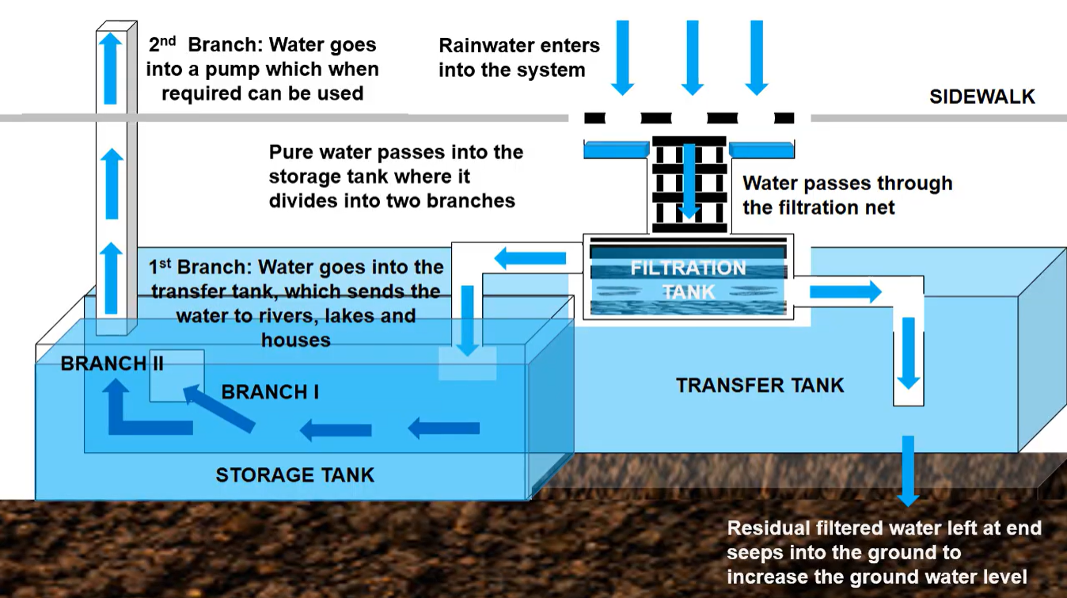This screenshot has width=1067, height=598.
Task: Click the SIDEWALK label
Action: coord(982,97)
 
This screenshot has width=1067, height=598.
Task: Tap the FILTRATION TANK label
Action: coord(688,280)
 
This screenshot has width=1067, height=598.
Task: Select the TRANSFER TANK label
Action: coord(760,386)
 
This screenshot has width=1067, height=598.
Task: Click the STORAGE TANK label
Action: coord(294,475)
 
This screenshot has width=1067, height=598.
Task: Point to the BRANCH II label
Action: coord(112,364)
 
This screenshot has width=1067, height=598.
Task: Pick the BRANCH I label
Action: coord(270,392)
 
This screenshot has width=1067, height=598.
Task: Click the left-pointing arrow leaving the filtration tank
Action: coord(530,257)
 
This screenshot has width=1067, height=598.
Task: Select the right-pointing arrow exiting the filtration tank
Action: coord(845,291)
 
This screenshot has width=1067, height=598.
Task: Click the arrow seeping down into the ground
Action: coord(908,470)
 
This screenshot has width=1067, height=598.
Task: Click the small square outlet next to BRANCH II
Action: coord(177,375)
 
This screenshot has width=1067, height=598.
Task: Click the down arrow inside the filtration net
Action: coord(689,181)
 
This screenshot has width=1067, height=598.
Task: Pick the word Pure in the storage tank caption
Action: coord(292,152)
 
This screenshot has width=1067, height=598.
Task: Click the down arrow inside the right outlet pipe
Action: coord(908,353)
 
